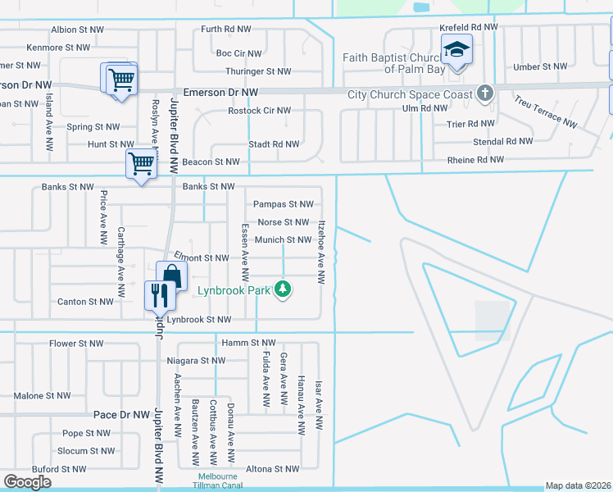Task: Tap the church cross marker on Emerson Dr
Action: (485, 93)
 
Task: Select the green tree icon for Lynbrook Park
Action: (283, 289)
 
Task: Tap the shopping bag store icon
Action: (170, 276)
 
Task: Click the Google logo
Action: (27, 481)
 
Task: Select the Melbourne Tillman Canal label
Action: (217, 481)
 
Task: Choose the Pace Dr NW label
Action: (124, 416)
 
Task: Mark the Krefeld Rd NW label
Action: (469, 27)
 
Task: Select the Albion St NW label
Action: (76, 30)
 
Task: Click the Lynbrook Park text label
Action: (234, 290)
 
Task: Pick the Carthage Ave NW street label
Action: (120, 262)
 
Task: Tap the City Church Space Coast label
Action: (411, 94)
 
